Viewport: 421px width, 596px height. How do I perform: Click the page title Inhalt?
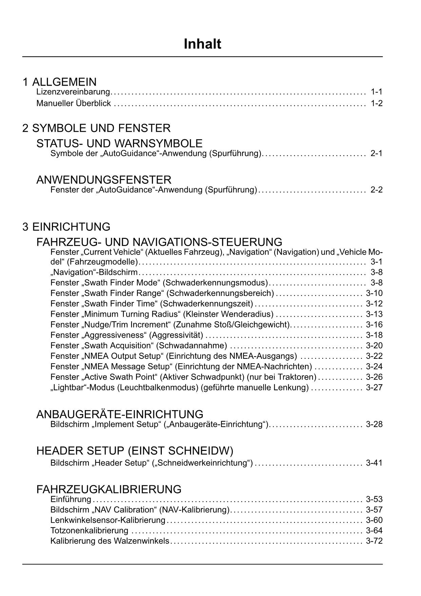coord(203,44)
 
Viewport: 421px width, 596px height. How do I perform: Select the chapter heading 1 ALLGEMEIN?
coord(60,82)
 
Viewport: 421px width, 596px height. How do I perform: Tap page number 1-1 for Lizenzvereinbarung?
coord(377,92)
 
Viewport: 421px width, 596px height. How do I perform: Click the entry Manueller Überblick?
coord(74,103)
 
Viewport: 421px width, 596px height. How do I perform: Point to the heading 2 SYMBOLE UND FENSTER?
coord(96,128)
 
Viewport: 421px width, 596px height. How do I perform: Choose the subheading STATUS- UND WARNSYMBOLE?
coord(119,143)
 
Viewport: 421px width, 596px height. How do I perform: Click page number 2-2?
coord(377,190)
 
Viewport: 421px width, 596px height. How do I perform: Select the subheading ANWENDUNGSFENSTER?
coord(104,180)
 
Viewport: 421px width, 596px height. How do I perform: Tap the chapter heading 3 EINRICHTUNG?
coord(66,227)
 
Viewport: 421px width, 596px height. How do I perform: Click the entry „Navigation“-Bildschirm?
coord(94,272)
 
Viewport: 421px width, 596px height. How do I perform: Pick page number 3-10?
coord(374,293)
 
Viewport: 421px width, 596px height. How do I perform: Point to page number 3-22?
coord(374,356)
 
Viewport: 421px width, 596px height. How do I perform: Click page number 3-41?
coord(374,463)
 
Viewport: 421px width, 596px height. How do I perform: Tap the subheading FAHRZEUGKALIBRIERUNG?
coord(109,489)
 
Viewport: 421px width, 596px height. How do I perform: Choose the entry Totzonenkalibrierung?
coord(89,531)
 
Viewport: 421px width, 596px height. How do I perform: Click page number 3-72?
coord(374,541)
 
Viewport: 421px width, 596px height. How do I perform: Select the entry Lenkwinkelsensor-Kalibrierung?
coord(108,520)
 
